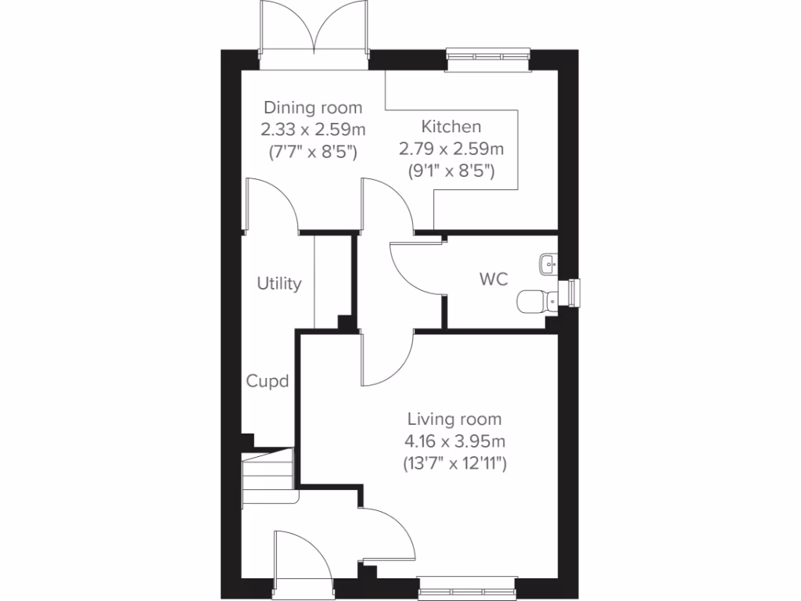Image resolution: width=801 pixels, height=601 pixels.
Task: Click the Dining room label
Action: tap(312, 108)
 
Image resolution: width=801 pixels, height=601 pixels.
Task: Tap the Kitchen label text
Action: tap(451, 126)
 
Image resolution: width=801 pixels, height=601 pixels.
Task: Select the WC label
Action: tap(494, 279)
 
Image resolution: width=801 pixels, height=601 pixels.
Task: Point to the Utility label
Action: tap(279, 284)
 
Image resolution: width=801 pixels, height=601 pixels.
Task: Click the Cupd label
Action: tap(268, 382)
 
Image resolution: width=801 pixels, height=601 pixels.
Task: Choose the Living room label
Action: tap(454, 420)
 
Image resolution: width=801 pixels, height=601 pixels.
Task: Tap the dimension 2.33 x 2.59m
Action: tap(312, 130)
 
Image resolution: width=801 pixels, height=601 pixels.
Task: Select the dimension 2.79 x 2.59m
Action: tap(451, 148)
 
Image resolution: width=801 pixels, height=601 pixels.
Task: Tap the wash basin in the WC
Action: tap(548, 264)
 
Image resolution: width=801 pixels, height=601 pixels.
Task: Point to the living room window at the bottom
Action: tap(467, 588)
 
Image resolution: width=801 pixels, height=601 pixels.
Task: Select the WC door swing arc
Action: tap(415, 270)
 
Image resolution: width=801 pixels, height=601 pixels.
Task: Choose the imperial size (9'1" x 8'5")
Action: tap(451, 170)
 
